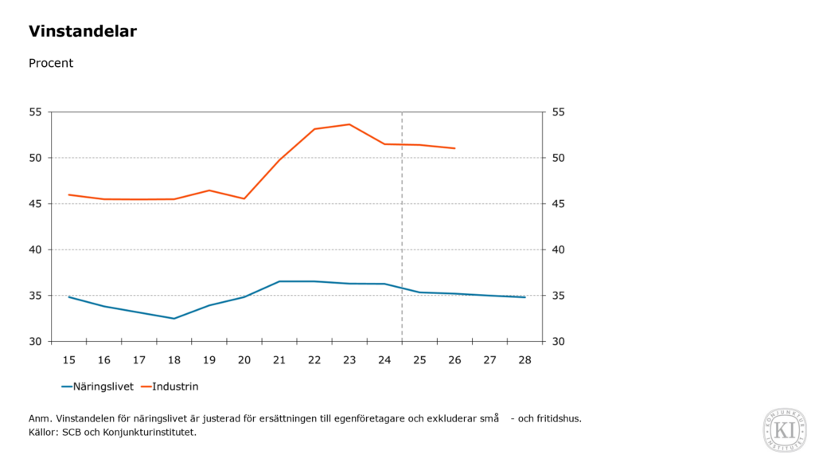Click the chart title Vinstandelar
pyautogui.click(x=83, y=32)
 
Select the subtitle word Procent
pyautogui.click(x=51, y=63)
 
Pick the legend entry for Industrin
pyautogui.click(x=174, y=386)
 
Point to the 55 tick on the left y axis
pyautogui.click(x=35, y=112)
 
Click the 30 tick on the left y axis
pyautogui.click(x=35, y=342)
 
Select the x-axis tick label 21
pyautogui.click(x=279, y=360)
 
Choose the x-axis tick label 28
pyautogui.click(x=525, y=360)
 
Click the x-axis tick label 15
pyautogui.click(x=69, y=360)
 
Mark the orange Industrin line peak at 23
pyautogui.click(x=349, y=124)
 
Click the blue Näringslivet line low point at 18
pyautogui.click(x=174, y=319)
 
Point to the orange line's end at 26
pyautogui.click(x=454, y=148)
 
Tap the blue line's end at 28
pyautogui.click(x=525, y=297)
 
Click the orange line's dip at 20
pyautogui.click(x=244, y=198)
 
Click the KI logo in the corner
pyautogui.click(x=784, y=430)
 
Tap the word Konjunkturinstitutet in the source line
pyautogui.click(x=150, y=432)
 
